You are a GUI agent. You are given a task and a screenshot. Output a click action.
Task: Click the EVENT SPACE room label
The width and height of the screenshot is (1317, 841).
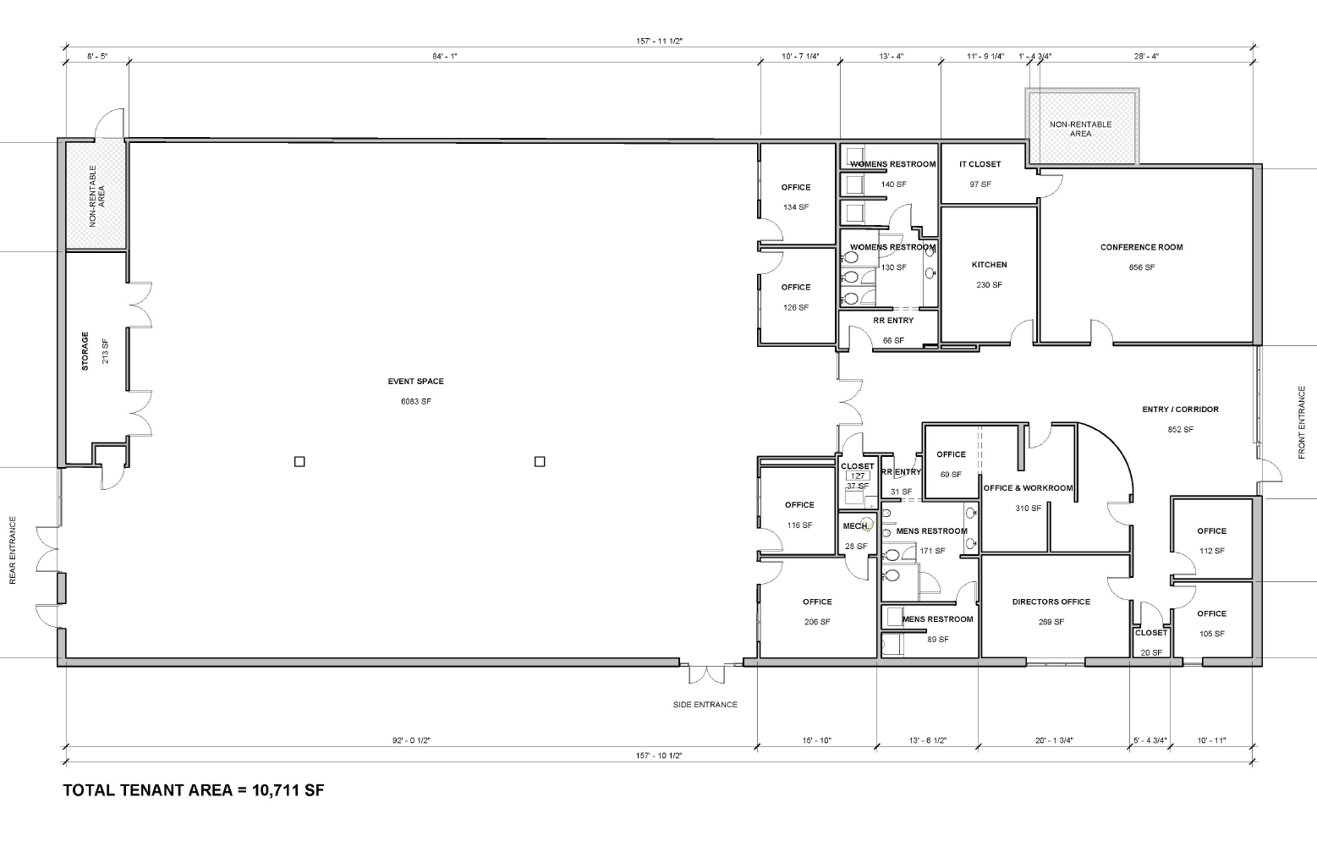coord(415,381)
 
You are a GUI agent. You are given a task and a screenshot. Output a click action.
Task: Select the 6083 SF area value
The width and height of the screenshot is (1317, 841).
coord(415,401)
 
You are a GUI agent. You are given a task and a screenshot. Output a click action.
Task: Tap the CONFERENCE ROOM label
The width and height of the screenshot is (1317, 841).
coord(1141,247)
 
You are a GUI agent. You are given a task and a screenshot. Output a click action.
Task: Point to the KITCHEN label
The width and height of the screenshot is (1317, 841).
coord(989,265)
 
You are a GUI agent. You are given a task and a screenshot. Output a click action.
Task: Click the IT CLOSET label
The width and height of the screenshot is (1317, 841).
coord(980,164)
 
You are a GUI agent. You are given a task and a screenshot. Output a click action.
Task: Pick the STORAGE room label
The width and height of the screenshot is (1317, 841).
coord(85,351)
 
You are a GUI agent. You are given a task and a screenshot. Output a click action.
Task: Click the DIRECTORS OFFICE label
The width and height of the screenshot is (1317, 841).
coord(1051,602)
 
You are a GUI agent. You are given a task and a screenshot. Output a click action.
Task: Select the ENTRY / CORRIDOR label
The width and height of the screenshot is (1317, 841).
coord(1180,410)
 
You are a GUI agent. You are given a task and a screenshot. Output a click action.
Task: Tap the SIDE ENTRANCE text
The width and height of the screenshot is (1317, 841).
coord(705,705)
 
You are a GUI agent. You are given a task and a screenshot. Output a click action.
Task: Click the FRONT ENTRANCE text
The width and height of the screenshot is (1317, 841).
coord(1301,422)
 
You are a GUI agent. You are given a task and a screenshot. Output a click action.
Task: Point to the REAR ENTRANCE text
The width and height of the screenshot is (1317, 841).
coord(13,551)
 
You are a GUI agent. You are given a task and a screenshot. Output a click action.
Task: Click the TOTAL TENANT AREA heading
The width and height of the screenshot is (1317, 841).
coord(148,790)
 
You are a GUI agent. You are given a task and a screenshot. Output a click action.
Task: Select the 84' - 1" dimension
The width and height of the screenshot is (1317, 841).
coord(444,57)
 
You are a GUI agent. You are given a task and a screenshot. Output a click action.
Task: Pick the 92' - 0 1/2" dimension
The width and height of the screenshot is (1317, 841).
coord(411,740)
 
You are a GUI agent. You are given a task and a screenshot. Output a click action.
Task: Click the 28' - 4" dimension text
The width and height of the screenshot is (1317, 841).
coord(1146,57)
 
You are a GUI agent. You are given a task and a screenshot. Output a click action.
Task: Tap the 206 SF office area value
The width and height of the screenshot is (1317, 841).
coord(816,622)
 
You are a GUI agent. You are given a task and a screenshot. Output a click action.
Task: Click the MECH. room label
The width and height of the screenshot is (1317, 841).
coord(856,525)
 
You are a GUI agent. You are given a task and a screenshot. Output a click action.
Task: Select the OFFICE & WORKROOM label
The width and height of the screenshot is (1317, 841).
coord(1028,488)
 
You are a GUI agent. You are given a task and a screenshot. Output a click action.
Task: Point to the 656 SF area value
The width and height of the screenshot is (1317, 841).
coord(1141,267)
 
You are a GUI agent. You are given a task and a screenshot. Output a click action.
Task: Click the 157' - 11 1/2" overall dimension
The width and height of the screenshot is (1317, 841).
coord(659,41)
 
